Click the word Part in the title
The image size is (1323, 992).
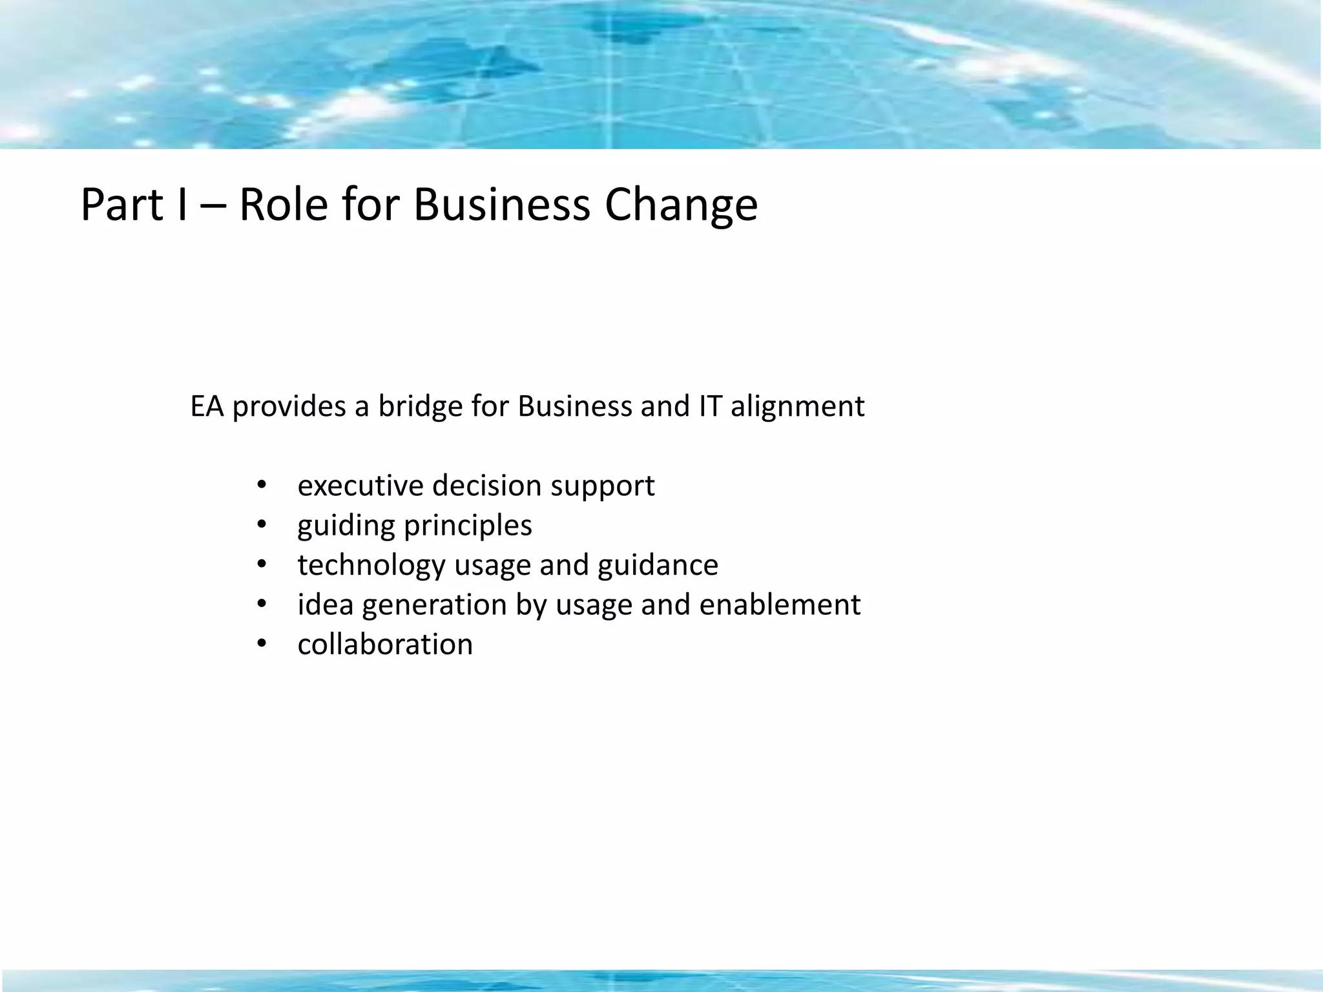coord(121,205)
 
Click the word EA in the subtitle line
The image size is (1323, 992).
coord(207,407)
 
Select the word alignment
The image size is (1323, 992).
coord(797,407)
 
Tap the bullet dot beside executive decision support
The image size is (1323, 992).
coord(261,486)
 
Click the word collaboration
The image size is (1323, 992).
coord(385,645)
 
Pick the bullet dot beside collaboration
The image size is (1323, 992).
coord(261,645)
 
